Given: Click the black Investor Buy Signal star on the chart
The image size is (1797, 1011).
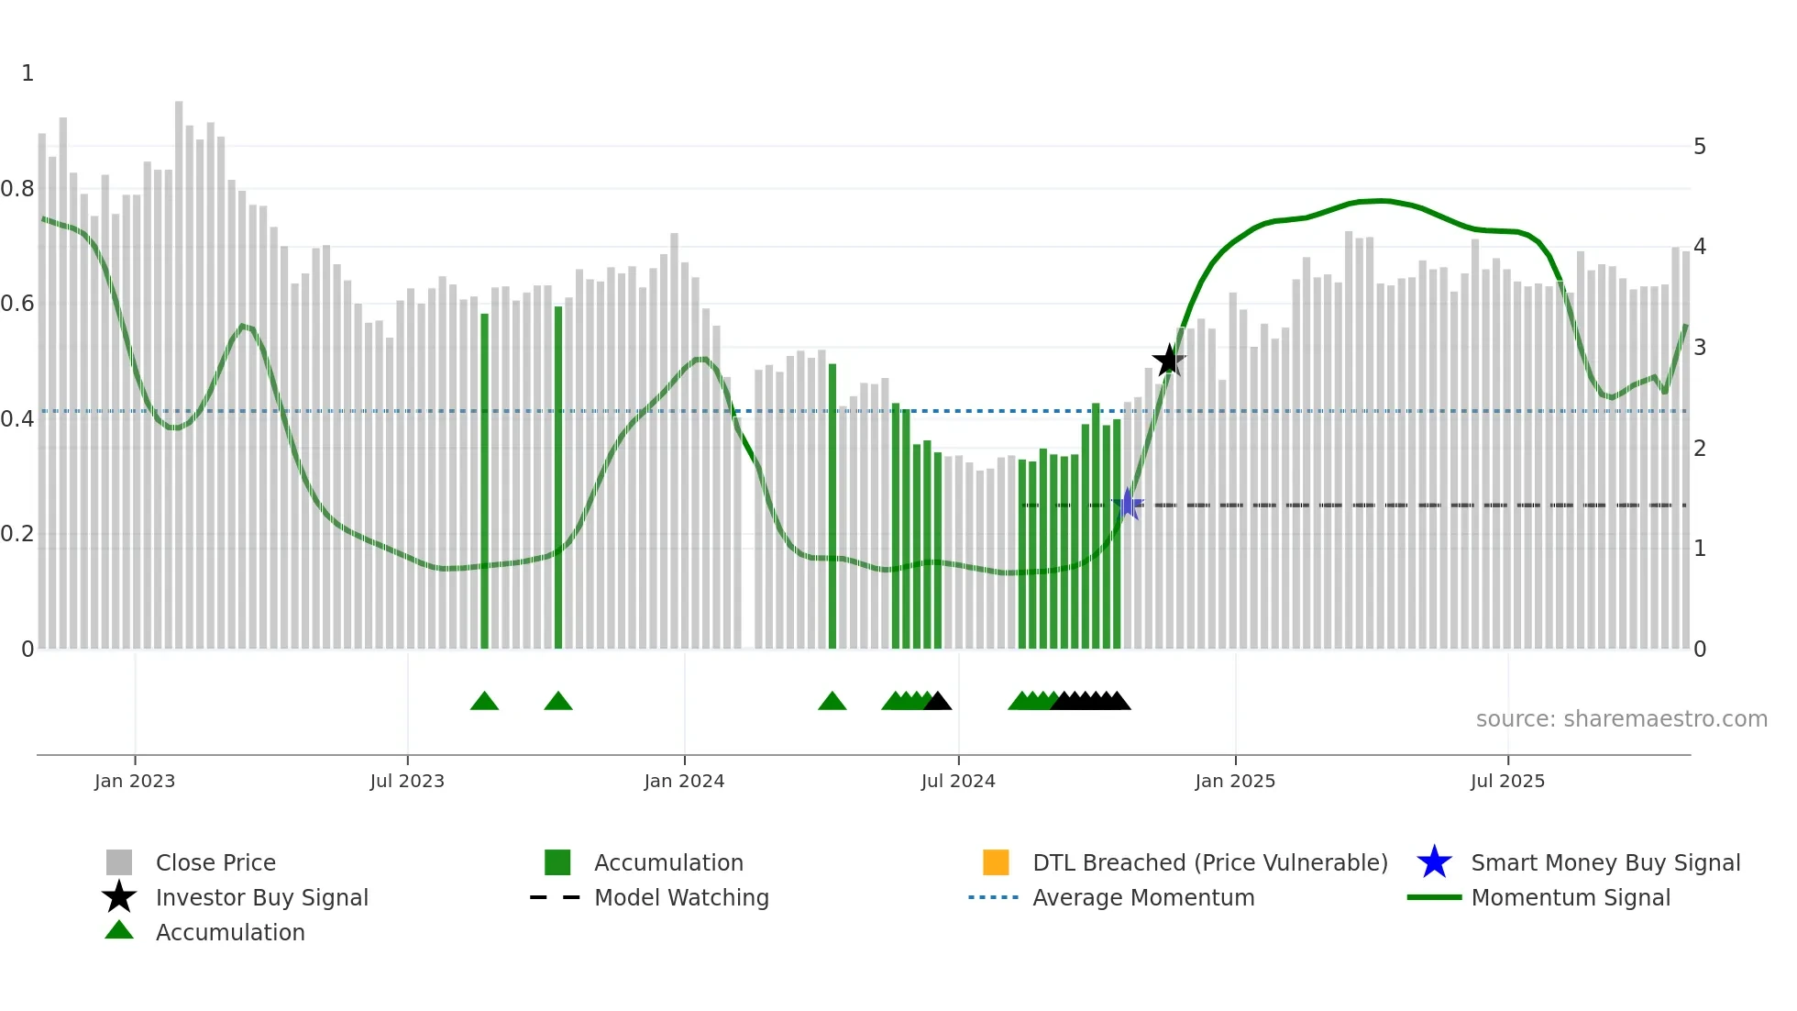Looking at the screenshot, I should pos(1168,361).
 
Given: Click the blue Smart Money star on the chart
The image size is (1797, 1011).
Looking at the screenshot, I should pos(1128,504).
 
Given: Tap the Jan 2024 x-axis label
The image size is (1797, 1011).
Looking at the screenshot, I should pos(684,781).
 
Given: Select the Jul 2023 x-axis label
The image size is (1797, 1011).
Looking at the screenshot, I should pos(407,781).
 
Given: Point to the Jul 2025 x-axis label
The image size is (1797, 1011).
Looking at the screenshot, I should pos(1507,781).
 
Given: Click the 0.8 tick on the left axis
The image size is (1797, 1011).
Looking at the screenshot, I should pos(17,189).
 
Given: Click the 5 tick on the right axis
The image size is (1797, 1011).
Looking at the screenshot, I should pos(1700,147).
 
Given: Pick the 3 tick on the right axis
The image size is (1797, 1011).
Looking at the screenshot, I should pos(1700,348).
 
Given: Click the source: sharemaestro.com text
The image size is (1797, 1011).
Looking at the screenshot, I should pos(1621,719).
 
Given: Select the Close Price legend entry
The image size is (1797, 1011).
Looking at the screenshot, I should pos(215,862).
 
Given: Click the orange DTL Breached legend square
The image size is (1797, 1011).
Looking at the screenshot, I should pos(996,862).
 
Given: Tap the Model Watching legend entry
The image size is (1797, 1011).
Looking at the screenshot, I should pos(680,897).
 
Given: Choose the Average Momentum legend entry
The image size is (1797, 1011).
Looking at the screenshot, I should pos(1142,897).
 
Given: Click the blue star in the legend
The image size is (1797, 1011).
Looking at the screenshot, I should pos(1434,862).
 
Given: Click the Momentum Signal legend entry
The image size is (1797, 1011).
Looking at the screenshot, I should pos(1570,897).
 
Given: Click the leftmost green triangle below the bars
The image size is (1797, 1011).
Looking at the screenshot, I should pos(484,702).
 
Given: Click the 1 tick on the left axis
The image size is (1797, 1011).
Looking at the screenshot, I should pos(28,73).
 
